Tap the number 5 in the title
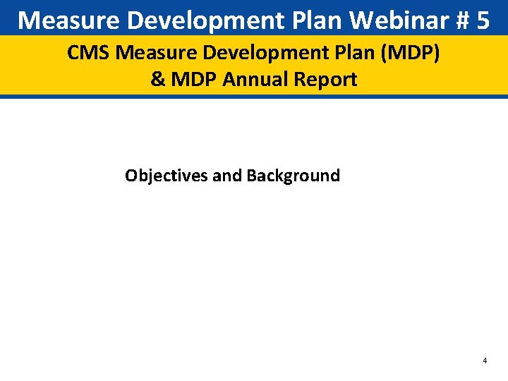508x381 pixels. click(x=483, y=20)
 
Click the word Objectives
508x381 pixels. click(x=166, y=176)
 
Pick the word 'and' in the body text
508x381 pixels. click(x=226, y=176)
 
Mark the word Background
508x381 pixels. click(x=293, y=176)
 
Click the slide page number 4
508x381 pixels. click(x=485, y=361)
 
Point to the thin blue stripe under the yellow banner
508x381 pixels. click(x=254, y=96)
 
